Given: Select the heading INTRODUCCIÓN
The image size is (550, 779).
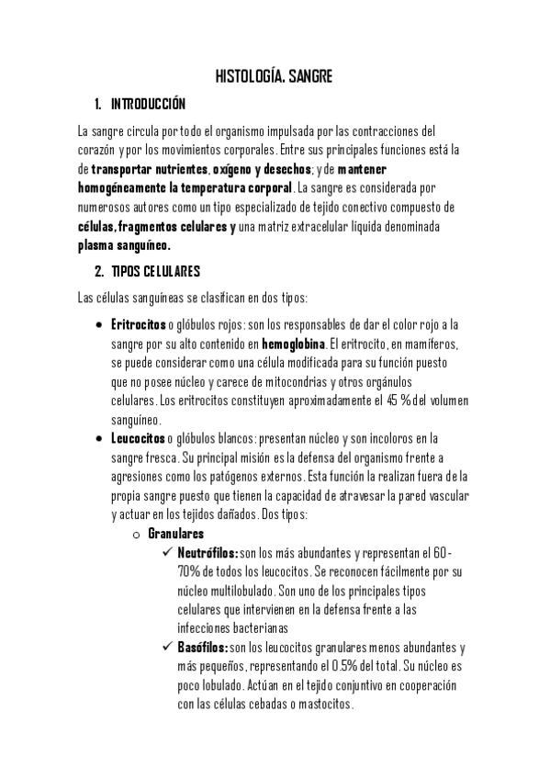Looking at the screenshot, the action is (148, 103).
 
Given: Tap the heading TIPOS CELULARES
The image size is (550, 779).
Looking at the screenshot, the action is (154, 272).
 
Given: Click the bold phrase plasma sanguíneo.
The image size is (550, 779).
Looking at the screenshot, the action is (124, 245).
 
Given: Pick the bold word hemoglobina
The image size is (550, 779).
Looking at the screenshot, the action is (294, 344).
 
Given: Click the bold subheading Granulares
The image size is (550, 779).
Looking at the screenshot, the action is (175, 533).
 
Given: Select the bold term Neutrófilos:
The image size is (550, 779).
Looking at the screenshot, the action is (208, 553).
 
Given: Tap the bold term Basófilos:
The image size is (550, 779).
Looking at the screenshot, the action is (202, 648).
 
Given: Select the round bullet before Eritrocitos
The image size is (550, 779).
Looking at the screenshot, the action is (99, 325).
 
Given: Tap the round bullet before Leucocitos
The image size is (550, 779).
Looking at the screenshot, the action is (99, 439).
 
